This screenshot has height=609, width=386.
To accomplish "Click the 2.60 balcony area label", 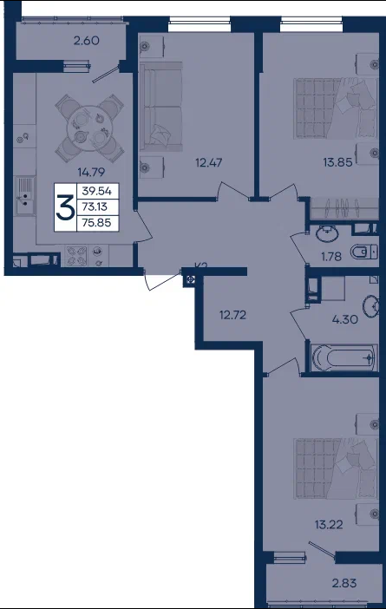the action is click(x=87, y=41).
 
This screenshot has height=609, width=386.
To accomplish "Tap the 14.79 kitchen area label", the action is click(x=91, y=172).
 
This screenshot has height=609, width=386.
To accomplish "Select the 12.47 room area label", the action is click(x=209, y=162).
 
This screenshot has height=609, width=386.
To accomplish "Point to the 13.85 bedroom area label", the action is click(x=337, y=162).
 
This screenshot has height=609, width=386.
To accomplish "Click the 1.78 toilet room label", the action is click(x=331, y=256).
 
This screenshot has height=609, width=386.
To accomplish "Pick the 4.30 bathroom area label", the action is click(x=345, y=319).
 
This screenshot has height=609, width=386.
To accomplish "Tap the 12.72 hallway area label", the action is click(x=232, y=315).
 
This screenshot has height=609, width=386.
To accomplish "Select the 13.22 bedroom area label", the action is click(x=329, y=525).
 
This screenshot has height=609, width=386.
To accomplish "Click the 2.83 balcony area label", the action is click(x=344, y=583).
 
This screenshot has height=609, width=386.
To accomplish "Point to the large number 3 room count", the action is click(x=65, y=208).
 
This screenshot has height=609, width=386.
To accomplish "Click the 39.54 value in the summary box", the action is click(x=96, y=191).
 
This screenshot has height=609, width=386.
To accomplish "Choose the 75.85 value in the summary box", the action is click(x=96, y=223).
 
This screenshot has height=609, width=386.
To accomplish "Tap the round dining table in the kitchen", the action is click(x=89, y=128).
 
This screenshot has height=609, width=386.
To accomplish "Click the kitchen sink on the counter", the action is click(x=25, y=195).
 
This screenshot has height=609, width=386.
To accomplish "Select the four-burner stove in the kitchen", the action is click(x=76, y=256).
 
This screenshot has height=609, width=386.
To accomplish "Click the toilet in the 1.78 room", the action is click(x=363, y=252).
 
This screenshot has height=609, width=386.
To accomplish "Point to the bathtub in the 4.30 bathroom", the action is click(x=344, y=357).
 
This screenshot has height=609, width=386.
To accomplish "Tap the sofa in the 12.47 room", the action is click(x=160, y=106).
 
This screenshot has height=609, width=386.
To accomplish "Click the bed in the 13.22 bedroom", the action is click(x=336, y=468).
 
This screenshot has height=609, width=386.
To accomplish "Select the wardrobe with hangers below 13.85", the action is click(x=344, y=208).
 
